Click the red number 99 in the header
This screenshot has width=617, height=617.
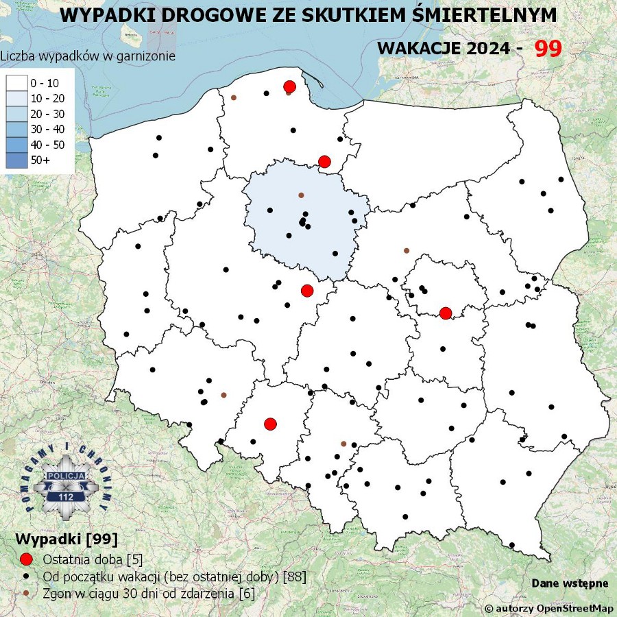tap(548, 48)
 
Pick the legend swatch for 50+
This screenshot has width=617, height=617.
tap(16, 160)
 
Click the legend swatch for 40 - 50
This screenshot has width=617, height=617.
tap(16, 145)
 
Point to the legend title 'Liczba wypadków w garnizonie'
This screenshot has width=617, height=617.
tap(88, 56)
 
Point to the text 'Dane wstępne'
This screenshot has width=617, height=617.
tap(570, 583)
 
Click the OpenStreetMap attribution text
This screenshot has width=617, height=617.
tap(549, 608)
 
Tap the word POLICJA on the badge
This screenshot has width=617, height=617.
tap(66, 475)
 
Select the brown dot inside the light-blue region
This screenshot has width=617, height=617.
tap(301, 195)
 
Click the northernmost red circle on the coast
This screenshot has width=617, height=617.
tap(289, 86)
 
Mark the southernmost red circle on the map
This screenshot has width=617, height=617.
tap(270, 424)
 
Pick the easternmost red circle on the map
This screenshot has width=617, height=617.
tap(446, 313)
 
